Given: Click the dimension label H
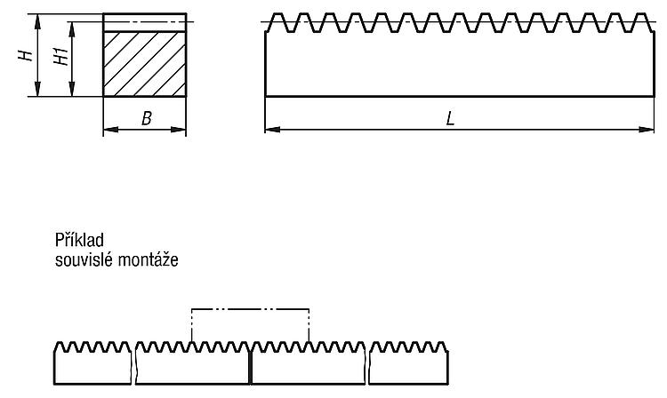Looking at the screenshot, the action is point(26,55).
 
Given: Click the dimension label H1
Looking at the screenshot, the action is point(61,56).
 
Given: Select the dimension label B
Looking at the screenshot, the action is point(147,118).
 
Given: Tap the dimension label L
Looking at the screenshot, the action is point(451,118).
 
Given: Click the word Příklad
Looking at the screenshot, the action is point(79,240).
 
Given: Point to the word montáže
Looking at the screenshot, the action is point(148,259).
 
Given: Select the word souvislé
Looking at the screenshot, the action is point(84,259).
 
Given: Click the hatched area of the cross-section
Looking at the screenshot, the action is point(145,64).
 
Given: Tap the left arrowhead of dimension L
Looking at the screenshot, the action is point(272,129).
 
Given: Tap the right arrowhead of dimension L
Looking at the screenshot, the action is point(647,129).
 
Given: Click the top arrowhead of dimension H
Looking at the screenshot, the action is point(38,21).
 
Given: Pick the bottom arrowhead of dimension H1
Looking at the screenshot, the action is point(72,89).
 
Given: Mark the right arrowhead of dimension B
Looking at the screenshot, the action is point(179,129).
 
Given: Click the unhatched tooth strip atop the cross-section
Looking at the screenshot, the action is point(145,22).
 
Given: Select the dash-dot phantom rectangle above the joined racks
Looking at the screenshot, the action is point(250,309).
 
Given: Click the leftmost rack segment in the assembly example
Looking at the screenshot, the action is point(92,363).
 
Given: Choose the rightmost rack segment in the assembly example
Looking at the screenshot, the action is point(408,363).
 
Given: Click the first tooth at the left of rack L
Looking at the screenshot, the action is point(278,22).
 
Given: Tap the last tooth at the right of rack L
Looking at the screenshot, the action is point(640,22).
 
